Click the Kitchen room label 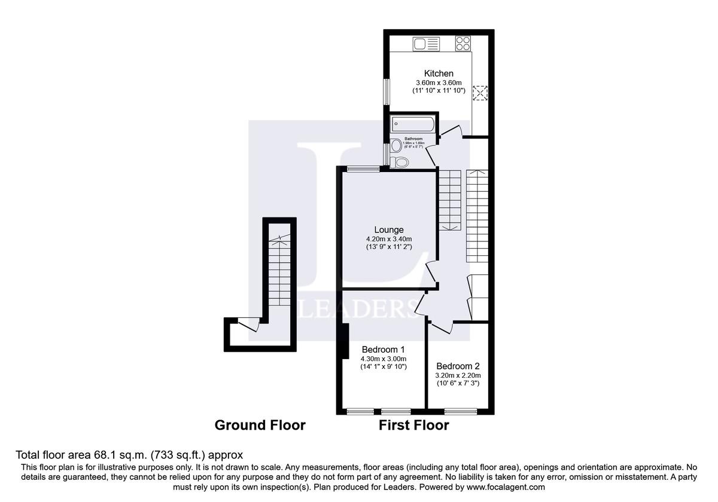(439, 74)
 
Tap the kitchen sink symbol (426, 43)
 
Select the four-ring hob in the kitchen (463, 43)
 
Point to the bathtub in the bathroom (412, 125)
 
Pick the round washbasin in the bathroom (396, 146)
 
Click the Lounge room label (389, 229)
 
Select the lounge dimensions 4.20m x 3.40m (389, 238)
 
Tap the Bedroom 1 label (384, 349)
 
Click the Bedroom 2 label (458, 366)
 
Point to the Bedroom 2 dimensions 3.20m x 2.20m (458, 375)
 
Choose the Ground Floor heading (260, 426)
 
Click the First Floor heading (413, 426)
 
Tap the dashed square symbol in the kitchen (480, 93)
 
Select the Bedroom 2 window (460, 411)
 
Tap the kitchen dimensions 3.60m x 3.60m (439, 82)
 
